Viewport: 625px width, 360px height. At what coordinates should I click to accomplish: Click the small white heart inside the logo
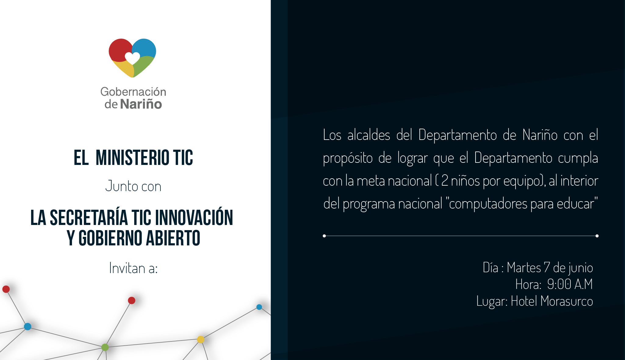[132, 58]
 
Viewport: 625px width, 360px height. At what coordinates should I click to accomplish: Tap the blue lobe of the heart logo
[145, 48]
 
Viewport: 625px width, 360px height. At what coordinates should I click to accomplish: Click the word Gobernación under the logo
[133, 92]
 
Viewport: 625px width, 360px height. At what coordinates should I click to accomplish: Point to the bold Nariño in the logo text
[141, 104]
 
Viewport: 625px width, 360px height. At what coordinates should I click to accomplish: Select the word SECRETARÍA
[89, 218]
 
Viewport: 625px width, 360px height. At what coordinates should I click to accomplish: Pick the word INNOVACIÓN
[194, 218]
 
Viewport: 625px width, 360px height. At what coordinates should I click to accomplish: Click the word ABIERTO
[173, 238]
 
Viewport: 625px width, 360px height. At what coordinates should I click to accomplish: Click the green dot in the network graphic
[105, 347]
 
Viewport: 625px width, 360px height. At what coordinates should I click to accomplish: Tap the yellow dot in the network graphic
[201, 339]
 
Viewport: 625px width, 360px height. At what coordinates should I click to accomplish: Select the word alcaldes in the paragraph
[369, 135]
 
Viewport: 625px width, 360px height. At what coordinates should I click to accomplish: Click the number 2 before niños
[445, 181]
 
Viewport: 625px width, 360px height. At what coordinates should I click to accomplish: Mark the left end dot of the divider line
[324, 236]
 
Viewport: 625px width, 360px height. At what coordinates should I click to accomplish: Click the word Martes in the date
[524, 268]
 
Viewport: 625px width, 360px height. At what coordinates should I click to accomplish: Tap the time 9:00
[559, 284]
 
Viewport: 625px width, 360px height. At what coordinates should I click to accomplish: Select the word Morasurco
[566, 301]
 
